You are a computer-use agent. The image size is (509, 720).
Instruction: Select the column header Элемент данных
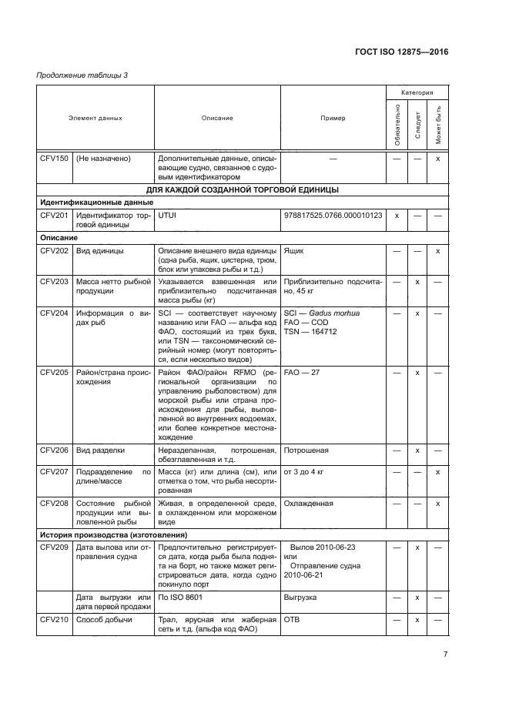95,119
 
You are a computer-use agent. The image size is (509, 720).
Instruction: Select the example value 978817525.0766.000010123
333,216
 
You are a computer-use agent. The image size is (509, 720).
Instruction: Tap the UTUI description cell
167,216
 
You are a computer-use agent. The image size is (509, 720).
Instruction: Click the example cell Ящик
293,251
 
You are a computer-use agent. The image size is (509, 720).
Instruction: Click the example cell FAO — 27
302,371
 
